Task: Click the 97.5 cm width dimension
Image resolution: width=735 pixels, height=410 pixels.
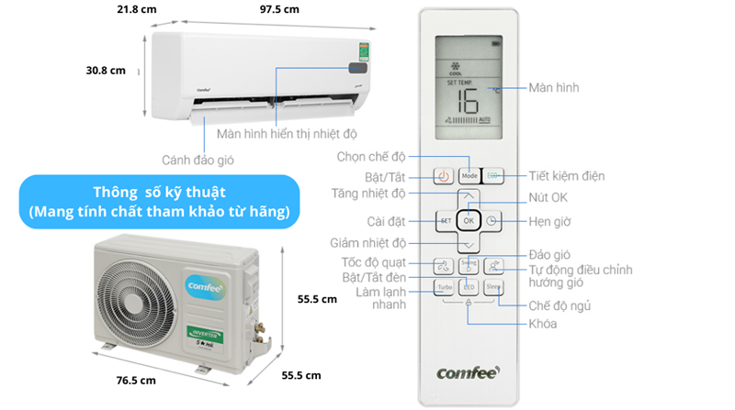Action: pyautogui.click(x=279, y=9)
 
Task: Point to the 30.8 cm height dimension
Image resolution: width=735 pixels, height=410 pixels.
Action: pyautogui.click(x=104, y=71)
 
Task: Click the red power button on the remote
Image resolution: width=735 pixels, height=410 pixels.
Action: pyautogui.click(x=442, y=175)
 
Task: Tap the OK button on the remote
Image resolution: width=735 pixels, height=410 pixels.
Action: pyautogui.click(x=469, y=221)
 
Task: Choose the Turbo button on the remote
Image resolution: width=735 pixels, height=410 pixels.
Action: pyautogui.click(x=443, y=288)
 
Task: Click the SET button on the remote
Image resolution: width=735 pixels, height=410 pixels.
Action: pyautogui.click(x=444, y=221)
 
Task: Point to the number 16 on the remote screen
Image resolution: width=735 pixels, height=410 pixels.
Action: pyautogui.click(x=468, y=100)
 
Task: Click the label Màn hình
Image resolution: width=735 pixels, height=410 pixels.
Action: pyautogui.click(x=554, y=87)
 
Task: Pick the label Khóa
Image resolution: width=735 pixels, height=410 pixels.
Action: pyautogui.click(x=542, y=324)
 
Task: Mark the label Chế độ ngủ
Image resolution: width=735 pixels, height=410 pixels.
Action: pyautogui.click(x=560, y=305)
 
